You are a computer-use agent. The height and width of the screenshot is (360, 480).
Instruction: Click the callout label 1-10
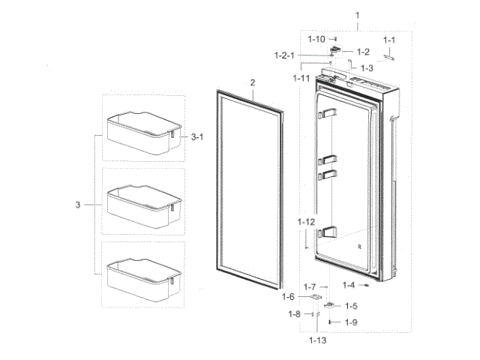(316, 39)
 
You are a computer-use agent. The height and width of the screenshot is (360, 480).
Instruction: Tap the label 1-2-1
(284, 55)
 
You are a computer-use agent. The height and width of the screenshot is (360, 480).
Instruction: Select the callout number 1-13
(318, 340)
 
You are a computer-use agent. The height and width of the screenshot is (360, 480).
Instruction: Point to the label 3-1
(197, 136)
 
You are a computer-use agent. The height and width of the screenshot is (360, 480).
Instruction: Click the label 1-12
(306, 222)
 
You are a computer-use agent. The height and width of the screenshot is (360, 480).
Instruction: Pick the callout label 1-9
(351, 322)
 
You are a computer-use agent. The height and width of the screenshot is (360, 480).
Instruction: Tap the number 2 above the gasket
(253, 82)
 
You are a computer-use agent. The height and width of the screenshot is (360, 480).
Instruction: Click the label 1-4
(349, 285)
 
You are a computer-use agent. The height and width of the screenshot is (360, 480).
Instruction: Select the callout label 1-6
(288, 296)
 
